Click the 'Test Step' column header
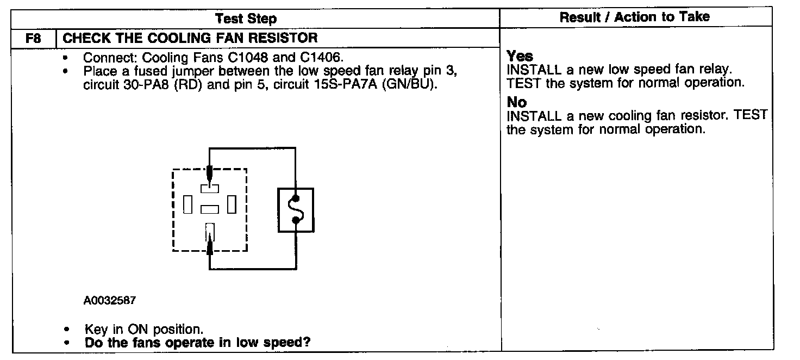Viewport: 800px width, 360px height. click(246, 18)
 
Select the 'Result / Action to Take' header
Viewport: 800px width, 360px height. click(634, 17)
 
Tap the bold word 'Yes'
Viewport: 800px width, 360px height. click(520, 57)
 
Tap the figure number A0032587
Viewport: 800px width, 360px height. click(110, 300)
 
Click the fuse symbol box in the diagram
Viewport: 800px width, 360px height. click(296, 209)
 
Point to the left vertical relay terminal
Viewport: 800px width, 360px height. click(187, 205)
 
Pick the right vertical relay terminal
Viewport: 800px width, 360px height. click(232, 205)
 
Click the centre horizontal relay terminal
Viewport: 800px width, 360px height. click(209, 209)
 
